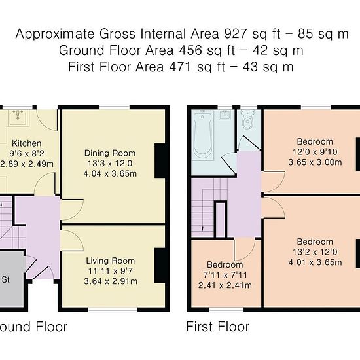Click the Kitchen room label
27,143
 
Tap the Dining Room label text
110,153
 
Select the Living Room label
111,261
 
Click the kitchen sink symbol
18,118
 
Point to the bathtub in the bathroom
203,135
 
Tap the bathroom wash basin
225,115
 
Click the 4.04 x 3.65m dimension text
110,173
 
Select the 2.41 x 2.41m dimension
225,285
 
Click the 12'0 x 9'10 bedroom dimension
315,152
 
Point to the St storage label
5,279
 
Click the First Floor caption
218,327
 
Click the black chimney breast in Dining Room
162,161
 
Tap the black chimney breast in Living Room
162,265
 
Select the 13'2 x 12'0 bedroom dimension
315,252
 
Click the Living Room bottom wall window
113,310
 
